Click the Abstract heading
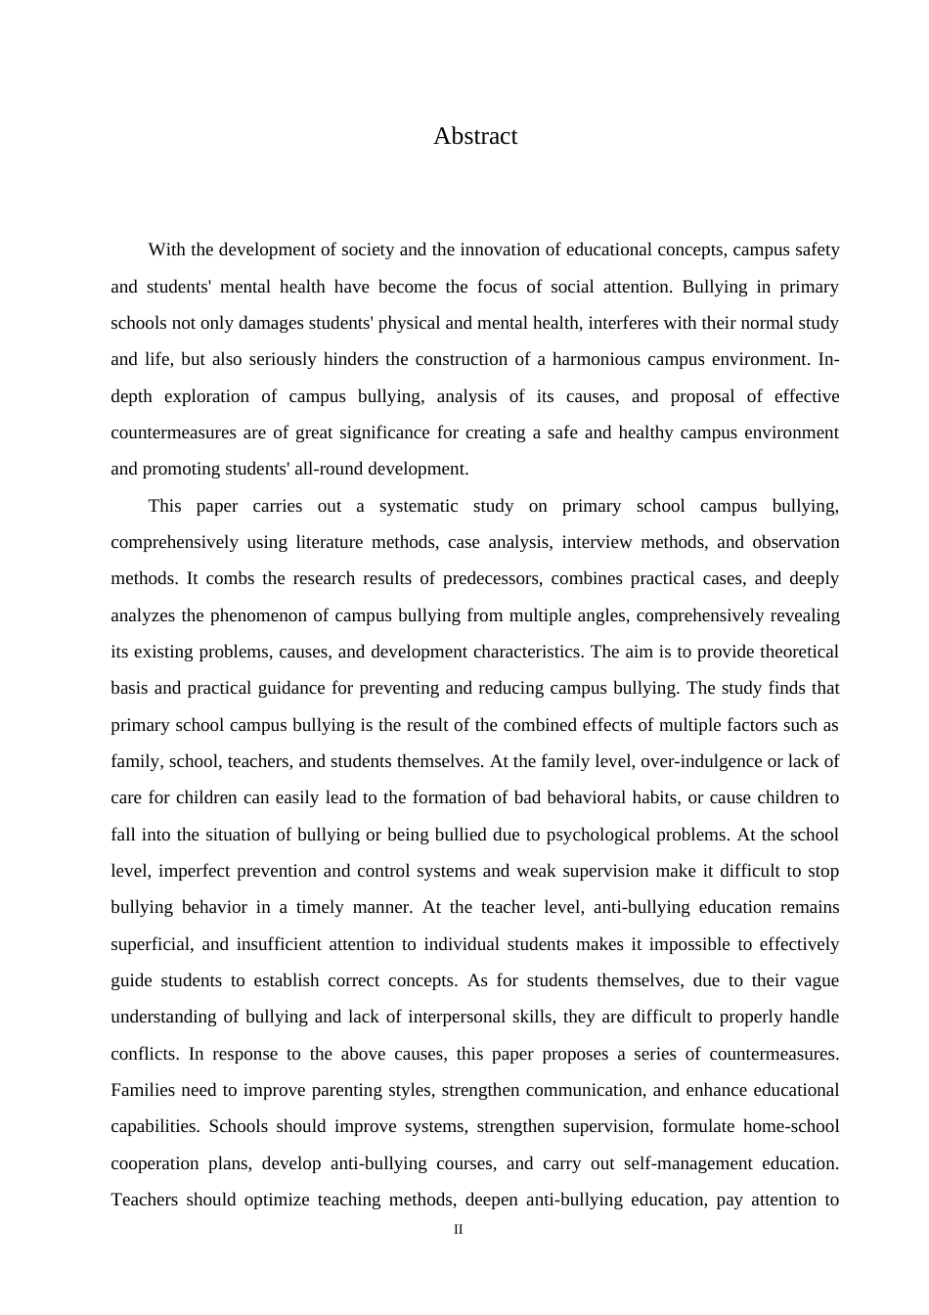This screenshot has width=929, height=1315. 475,136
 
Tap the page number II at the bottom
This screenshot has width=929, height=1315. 458,1230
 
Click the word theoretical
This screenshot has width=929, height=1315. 790,652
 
